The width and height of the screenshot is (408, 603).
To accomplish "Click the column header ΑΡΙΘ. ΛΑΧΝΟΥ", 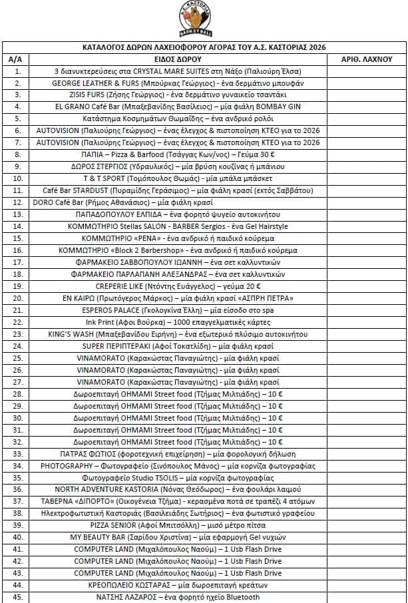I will click(366, 59).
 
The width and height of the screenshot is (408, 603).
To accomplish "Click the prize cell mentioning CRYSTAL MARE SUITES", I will click(178, 71).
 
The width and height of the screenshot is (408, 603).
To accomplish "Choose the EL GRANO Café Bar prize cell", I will click(178, 106).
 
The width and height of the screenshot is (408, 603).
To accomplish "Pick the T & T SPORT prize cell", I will click(178, 179).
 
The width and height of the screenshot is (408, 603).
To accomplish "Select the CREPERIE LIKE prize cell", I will click(178, 286).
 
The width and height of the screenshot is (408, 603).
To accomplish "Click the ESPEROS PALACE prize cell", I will click(178, 310).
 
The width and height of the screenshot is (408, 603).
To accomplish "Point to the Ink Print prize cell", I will click(178, 322).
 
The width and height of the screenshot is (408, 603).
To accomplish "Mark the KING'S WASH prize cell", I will click(178, 334).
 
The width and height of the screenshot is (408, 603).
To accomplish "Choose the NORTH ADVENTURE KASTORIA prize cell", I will click(178, 489).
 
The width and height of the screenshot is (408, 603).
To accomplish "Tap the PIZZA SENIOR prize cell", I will click(178, 525).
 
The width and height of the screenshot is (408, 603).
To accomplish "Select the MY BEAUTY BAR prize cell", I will click(178, 537).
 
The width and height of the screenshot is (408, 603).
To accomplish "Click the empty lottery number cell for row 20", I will click(366, 298).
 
